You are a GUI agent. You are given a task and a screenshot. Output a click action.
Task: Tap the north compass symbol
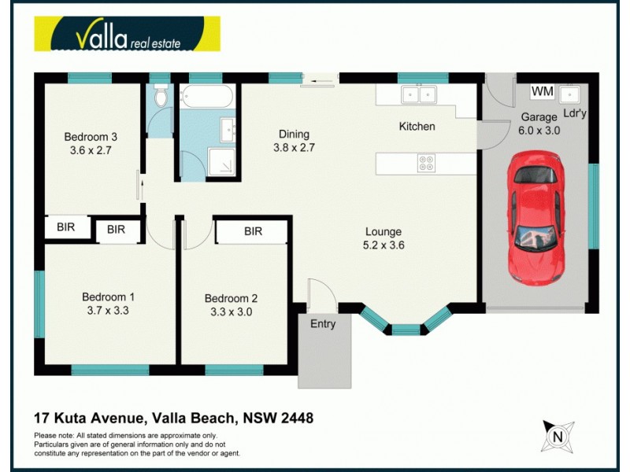[x=558, y=436]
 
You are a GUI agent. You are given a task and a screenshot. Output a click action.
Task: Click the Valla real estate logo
[x=126, y=35]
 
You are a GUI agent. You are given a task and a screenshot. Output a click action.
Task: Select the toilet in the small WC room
[x=160, y=97]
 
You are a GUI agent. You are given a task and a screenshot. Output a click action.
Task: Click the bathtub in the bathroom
[x=207, y=98]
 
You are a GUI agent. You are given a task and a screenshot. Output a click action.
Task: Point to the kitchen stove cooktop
[x=426, y=164]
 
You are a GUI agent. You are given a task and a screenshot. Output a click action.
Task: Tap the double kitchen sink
[x=418, y=95]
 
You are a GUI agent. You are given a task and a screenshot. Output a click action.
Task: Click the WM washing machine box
[x=542, y=92]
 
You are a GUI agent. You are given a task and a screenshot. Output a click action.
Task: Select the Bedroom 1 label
[x=108, y=297]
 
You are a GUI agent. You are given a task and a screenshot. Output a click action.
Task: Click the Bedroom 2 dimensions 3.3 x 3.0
[x=231, y=312]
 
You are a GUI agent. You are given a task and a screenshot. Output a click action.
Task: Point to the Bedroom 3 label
[x=91, y=136]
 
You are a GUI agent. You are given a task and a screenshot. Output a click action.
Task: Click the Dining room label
[x=291, y=134]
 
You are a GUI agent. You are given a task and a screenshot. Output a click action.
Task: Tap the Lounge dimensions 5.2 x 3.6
[x=384, y=245]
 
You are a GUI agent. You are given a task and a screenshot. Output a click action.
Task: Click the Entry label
[x=323, y=323]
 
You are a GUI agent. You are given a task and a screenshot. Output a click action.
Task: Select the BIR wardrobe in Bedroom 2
[x=253, y=231]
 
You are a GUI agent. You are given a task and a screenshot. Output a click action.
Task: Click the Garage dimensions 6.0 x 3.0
[x=539, y=131]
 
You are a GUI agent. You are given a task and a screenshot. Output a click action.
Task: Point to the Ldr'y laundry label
[x=575, y=114]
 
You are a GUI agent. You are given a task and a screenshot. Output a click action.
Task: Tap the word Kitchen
[x=417, y=126]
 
